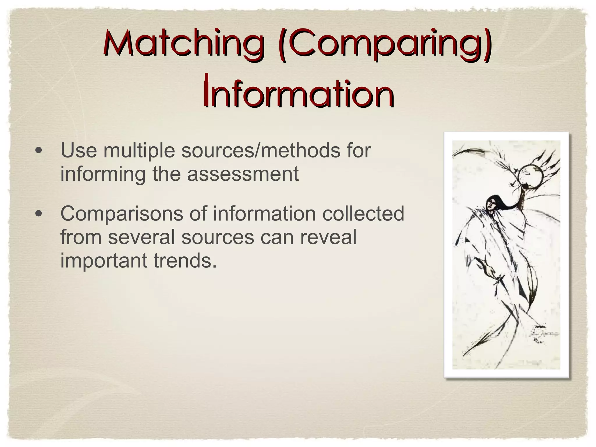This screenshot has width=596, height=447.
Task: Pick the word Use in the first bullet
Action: pos(78,151)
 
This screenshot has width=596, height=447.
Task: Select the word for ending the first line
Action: pos(359,151)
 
